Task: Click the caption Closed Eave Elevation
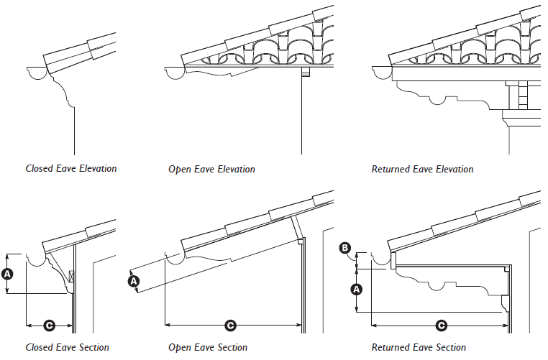pos(70,169)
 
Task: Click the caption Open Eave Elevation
pos(211,170)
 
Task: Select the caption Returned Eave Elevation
pos(422,170)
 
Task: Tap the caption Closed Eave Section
pos(67,348)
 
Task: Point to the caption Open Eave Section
pos(208,348)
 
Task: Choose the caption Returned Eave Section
pos(419,348)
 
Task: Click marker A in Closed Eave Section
pos(8,274)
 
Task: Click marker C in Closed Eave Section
pos(49,326)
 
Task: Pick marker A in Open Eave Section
pos(133,282)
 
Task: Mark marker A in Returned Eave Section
pos(355,290)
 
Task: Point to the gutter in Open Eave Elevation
pos(174,73)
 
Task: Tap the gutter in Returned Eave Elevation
pos(380,73)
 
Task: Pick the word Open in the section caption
pos(180,348)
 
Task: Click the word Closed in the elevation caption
pos(39,169)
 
